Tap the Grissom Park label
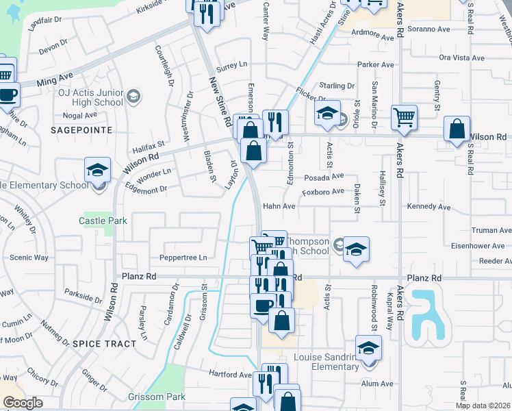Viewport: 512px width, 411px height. pos(157,397)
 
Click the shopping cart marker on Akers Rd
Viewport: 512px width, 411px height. pos(404,117)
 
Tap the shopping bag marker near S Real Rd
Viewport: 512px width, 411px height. pos(457,128)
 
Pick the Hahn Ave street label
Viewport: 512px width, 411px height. pos(279,206)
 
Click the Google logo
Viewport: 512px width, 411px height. pos(23,403)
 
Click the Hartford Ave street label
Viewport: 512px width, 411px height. pos(231,375)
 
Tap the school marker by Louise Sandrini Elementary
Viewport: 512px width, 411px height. pos(368,349)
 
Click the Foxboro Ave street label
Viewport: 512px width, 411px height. pos(323,192)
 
